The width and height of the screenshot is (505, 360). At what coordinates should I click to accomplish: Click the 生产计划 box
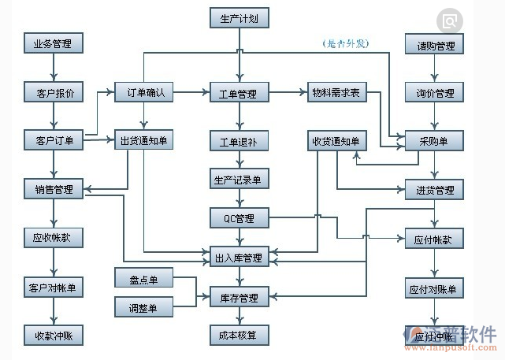tap(240, 17)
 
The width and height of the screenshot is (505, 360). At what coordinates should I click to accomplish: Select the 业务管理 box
tap(53, 43)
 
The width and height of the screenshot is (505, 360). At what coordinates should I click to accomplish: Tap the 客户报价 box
tap(53, 93)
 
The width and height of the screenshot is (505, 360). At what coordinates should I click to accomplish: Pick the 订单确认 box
tap(145, 92)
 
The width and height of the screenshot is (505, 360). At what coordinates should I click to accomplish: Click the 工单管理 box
tap(240, 94)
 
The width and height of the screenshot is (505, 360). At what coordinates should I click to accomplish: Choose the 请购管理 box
tap(435, 46)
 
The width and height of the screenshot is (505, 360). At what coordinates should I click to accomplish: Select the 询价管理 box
tap(435, 93)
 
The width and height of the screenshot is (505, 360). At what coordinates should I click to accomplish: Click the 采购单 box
tap(435, 141)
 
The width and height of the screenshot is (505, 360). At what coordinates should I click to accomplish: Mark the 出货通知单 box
tap(145, 141)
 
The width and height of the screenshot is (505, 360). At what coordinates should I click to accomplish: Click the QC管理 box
tap(240, 217)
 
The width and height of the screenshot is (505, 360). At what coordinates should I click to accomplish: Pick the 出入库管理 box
tap(240, 257)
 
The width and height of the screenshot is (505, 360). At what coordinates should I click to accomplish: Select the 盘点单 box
tap(144, 280)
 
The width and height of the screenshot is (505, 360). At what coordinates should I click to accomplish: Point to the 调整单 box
tap(144, 308)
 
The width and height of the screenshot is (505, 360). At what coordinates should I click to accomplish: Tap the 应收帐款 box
tap(53, 237)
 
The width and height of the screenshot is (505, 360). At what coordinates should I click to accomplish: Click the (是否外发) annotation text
tap(346, 43)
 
